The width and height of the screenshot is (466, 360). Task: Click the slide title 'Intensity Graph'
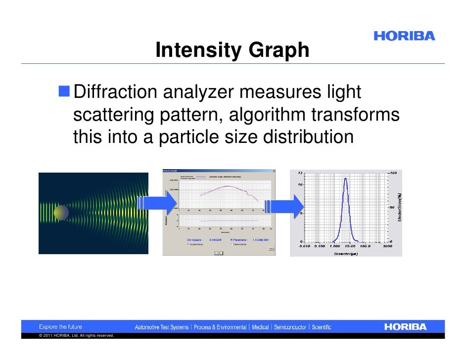tap(232, 50)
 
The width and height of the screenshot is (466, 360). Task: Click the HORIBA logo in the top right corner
tap(404, 36)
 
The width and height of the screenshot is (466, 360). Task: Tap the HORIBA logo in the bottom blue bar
tap(405, 327)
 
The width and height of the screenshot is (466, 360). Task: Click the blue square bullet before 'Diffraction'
tap(64, 91)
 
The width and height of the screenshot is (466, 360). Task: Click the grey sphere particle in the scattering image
tap(61, 213)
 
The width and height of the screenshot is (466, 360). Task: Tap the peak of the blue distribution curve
tap(346, 179)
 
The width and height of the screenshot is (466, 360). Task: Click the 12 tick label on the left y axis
tap(300, 173)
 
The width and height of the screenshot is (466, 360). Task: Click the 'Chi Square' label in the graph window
tap(194, 240)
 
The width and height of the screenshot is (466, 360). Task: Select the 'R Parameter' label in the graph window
tap(240, 240)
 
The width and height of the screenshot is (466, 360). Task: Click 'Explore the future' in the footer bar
tap(61, 327)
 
